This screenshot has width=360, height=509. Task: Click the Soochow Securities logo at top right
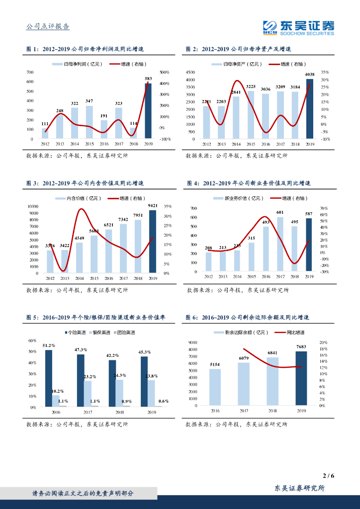(298, 28)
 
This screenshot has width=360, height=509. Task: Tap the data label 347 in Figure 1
(89, 101)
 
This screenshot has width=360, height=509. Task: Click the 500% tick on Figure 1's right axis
(164, 73)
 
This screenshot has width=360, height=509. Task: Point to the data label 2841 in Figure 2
(236, 92)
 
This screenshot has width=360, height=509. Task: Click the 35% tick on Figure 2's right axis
(325, 73)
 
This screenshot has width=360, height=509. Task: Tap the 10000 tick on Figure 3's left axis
(33, 206)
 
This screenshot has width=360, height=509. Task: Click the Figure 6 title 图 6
(192, 317)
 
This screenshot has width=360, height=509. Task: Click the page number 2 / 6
(328, 476)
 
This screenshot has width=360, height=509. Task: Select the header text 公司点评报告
(48, 27)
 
